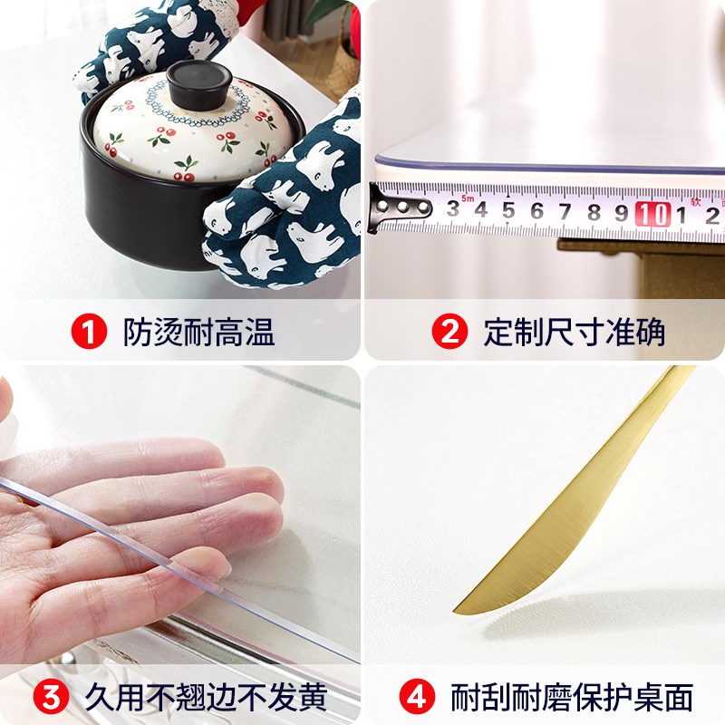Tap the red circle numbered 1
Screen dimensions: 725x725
coord(89,332)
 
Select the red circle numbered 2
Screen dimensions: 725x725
coord(449,332)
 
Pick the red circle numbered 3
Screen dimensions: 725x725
coord(51,698)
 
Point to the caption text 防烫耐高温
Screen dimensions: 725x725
coord(198,332)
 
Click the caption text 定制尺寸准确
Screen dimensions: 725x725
coord(575,332)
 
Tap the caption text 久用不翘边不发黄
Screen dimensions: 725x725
coord(206,698)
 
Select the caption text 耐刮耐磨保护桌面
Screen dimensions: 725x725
coord(572,698)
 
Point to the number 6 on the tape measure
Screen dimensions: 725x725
coord(537,212)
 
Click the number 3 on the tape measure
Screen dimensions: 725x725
coord(452,210)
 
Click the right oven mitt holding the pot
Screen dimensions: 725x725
coord(290,199)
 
